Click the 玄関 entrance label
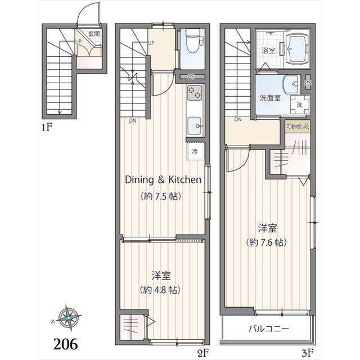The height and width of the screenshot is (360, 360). coord(93,33)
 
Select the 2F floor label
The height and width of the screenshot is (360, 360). coord(202,353)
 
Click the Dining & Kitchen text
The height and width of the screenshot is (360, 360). coord(163,180)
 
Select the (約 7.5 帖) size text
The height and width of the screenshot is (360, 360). coord(163,197)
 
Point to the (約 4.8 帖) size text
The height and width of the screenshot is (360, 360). coord(161,291)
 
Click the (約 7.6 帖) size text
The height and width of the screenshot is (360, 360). coord(267,242)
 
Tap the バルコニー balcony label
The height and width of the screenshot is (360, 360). coord(268,328)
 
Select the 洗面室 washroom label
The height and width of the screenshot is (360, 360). coord(269,97)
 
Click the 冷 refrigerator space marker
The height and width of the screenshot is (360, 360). coord(195,152)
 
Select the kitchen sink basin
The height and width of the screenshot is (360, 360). coord(195,124)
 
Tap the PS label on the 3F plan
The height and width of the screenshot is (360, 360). coord(308,83)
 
